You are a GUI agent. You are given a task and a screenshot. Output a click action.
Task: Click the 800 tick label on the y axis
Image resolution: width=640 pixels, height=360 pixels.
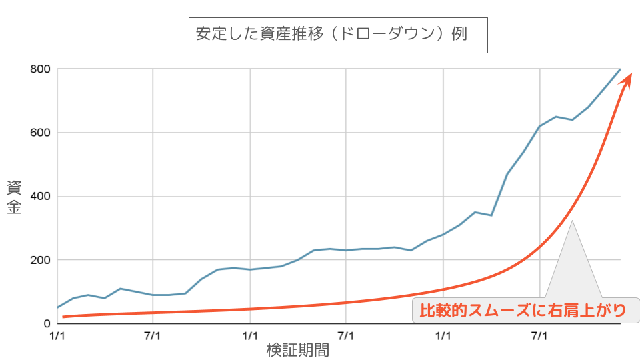pyautogui.click(x=41, y=69)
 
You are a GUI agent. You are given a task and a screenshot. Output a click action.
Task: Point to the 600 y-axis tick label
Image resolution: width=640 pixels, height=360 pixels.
pyautogui.click(x=41, y=133)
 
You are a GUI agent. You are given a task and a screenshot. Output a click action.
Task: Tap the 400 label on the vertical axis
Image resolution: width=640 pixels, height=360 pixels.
pyautogui.click(x=41, y=197)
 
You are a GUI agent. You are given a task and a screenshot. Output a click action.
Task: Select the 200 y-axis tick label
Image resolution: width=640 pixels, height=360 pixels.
pyautogui.click(x=41, y=260)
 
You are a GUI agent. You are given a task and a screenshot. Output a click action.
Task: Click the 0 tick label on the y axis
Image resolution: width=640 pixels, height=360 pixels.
pyautogui.click(x=47, y=323)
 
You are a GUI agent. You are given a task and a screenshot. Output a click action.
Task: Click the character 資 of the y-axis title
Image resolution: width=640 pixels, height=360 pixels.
pyautogui.click(x=14, y=187)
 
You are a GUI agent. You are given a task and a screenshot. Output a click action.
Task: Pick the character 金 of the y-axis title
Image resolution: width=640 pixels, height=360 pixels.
pyautogui.click(x=14, y=207)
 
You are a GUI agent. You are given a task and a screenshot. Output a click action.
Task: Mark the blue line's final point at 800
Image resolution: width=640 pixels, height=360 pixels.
pyautogui.click(x=620, y=69)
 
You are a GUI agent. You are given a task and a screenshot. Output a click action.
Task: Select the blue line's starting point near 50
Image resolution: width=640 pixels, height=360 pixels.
pyautogui.click(x=58, y=307)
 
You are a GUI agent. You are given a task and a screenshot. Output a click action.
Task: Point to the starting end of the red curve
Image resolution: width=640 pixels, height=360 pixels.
pyautogui.click(x=63, y=316)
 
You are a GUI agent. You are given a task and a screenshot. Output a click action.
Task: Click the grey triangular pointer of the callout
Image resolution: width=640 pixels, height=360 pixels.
pyautogui.click(x=572, y=260)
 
